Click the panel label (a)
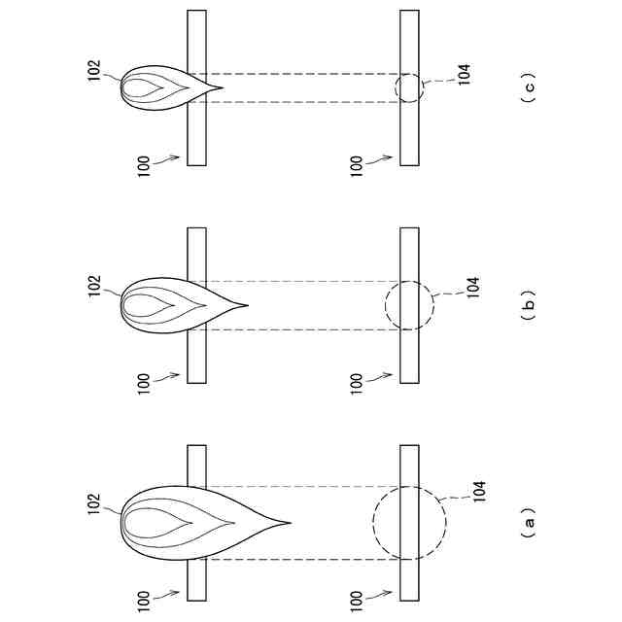tap(529, 526)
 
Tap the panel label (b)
tap(529, 307)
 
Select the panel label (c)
tap(529, 88)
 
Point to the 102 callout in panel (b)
tap(94, 286)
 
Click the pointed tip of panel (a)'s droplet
tap(290, 523)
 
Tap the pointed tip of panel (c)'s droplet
tap(223, 88)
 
